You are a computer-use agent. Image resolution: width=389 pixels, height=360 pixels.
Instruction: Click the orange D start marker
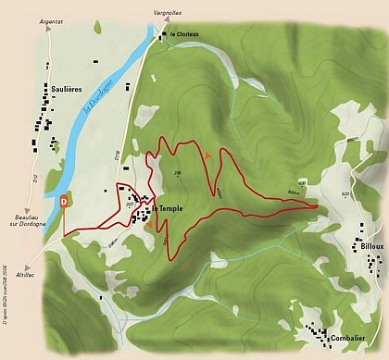coord(64,200)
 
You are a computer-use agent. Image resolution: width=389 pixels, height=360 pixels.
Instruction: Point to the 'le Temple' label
coord(168,208)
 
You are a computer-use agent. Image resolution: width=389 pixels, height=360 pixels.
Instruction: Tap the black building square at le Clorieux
coord(163,36)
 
